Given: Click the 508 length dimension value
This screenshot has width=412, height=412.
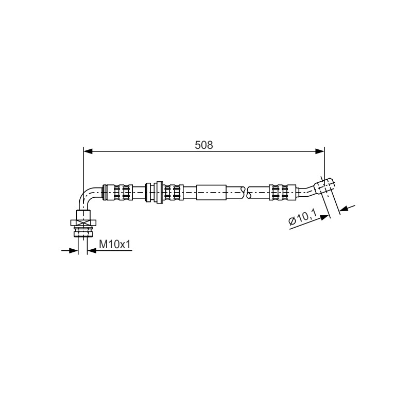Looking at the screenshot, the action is (204, 145).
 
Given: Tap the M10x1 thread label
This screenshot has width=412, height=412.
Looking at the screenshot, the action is (114, 245).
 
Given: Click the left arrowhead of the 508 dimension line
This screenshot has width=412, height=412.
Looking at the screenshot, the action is (88, 151).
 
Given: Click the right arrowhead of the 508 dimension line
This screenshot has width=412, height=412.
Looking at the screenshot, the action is (320, 151).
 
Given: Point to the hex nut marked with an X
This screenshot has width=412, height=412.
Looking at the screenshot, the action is (83, 223).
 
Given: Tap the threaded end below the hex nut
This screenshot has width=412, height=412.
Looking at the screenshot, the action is (83, 232).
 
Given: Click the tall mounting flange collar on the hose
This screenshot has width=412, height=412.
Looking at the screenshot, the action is (159, 192).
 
